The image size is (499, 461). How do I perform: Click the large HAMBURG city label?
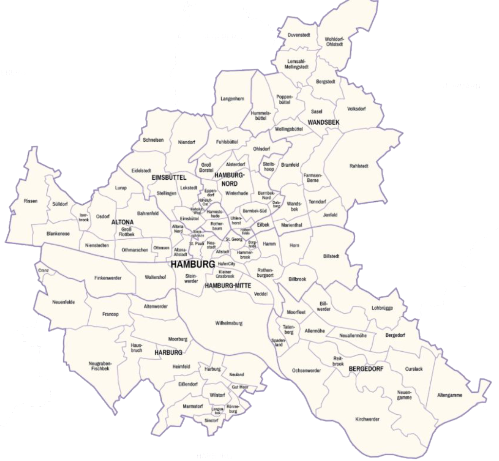(x=193, y=264)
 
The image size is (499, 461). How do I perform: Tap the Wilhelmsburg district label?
(x=229, y=323)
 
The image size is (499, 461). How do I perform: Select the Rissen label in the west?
(x=30, y=201)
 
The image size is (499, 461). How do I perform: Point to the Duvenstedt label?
(x=300, y=35)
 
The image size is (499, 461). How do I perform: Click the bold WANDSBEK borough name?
(x=324, y=122)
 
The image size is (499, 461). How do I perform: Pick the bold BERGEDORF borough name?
(x=366, y=369)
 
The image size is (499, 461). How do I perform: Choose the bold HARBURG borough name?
(x=168, y=352)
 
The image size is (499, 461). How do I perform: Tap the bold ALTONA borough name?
(x=122, y=222)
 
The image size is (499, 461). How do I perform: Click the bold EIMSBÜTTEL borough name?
(x=169, y=177)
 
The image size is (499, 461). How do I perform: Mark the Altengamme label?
(x=450, y=395)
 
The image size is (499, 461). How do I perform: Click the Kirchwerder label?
(x=367, y=419)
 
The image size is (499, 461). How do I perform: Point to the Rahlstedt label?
(x=359, y=166)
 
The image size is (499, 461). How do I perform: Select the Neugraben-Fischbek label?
(x=99, y=366)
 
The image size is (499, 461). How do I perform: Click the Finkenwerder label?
(x=108, y=278)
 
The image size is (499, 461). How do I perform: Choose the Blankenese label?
(x=58, y=233)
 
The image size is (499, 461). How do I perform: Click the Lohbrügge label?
(x=382, y=308)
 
